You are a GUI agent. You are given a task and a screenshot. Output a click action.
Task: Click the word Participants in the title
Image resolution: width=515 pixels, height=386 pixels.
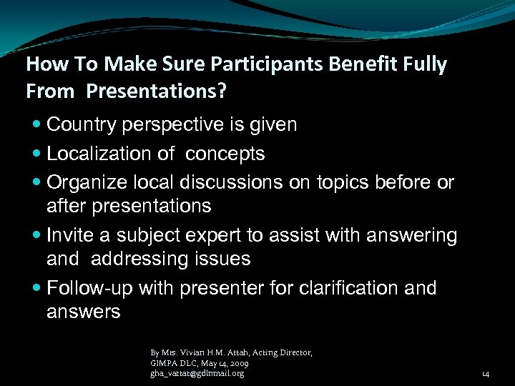tap(255, 65)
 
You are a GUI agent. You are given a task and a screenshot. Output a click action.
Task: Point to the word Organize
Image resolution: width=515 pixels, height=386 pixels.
tap(89, 182)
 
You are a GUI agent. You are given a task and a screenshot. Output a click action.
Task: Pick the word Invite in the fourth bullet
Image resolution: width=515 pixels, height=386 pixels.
tap(68, 234)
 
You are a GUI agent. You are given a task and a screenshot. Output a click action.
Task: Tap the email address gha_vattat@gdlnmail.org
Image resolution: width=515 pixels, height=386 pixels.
tap(197, 373)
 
